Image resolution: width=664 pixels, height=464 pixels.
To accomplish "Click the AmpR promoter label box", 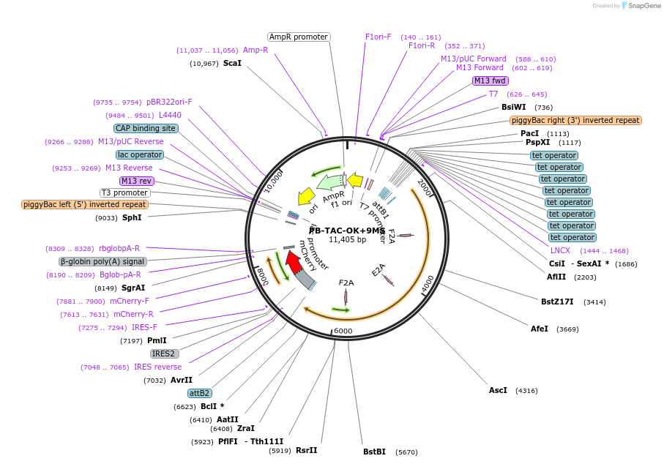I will coord(299,37).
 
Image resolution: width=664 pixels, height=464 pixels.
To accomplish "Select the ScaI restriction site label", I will coord(232,63).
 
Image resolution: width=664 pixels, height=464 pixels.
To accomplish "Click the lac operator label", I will coord(140,154).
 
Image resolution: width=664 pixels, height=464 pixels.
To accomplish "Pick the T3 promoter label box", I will coord(125,192).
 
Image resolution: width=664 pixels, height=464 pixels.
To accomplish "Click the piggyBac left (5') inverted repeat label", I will coord(85,205).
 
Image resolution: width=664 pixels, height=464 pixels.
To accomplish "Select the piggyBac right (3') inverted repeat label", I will coord(575,120).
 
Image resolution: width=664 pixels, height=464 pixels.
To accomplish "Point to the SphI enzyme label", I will coord(132,217).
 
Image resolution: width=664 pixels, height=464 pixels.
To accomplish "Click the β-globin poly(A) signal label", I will coord(102,261).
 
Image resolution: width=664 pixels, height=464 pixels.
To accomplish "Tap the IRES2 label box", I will coord(165,353).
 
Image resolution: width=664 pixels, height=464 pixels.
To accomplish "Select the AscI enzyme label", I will coord(498,390).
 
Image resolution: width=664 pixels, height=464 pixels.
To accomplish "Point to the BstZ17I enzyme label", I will coord(557,301).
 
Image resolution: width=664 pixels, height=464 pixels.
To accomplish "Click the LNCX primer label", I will coord(560,250).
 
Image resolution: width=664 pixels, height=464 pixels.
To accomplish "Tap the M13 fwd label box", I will coord(490,81).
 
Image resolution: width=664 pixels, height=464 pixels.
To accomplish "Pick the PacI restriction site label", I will coord(529,133).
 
